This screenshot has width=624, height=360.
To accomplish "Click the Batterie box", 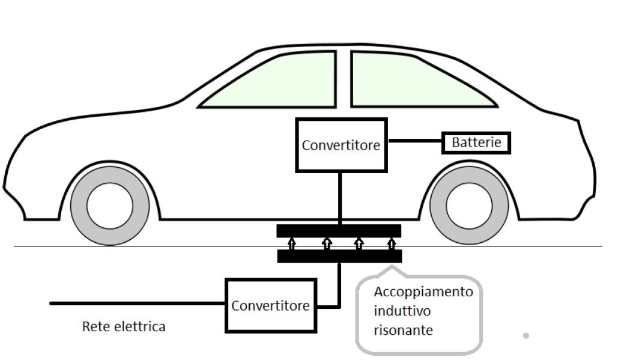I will [x=476, y=143].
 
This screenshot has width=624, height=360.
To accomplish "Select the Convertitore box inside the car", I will [x=341, y=145].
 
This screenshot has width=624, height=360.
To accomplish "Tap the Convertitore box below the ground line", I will [x=270, y=305].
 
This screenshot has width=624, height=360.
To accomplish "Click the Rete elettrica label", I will [x=123, y=327].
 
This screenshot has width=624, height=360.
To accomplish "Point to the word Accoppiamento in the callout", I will [x=423, y=292].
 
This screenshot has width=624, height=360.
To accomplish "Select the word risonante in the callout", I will [x=402, y=330].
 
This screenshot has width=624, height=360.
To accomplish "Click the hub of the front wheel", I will [x=110, y=205].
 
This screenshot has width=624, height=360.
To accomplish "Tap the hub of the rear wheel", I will [x=469, y=205].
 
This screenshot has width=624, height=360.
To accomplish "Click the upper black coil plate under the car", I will [x=339, y=231].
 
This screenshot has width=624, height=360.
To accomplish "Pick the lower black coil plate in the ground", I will [x=339, y=257].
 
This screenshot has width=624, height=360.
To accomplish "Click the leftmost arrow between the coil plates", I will [x=292, y=243].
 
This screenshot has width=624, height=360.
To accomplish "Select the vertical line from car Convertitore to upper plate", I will [x=341, y=198].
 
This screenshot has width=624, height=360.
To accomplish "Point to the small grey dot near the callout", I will [x=526, y=336].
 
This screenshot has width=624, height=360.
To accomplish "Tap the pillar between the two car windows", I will [x=343, y=78].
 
